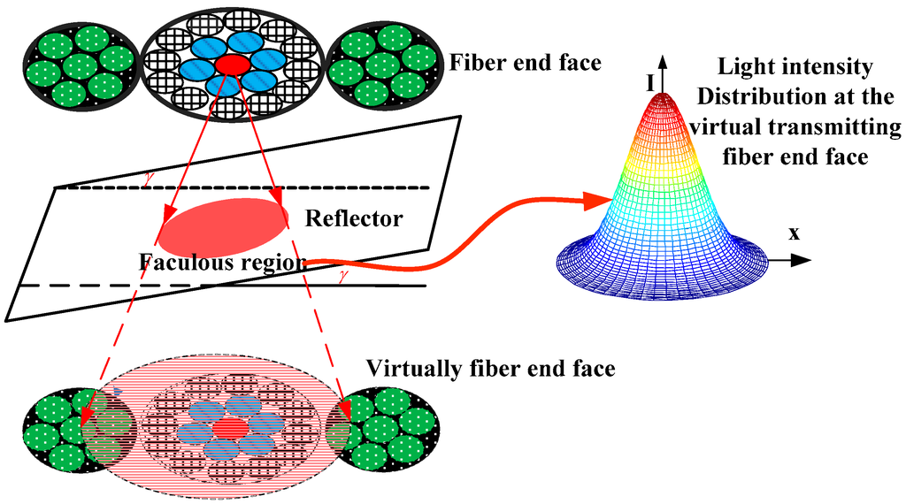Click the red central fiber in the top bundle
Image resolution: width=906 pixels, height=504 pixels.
click(233, 65)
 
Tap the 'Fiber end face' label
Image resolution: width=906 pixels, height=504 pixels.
click(526, 64)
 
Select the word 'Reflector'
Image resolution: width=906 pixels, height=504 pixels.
click(353, 218)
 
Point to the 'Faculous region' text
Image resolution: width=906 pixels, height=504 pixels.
click(223, 262)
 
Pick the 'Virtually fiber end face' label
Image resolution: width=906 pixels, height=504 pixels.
click(490, 368)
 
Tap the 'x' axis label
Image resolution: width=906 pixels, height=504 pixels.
click(794, 234)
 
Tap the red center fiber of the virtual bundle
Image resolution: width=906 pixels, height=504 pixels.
click(232, 428)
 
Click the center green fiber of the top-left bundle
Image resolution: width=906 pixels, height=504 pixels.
click(80, 65)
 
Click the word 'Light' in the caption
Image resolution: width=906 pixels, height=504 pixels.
click(743, 66)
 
